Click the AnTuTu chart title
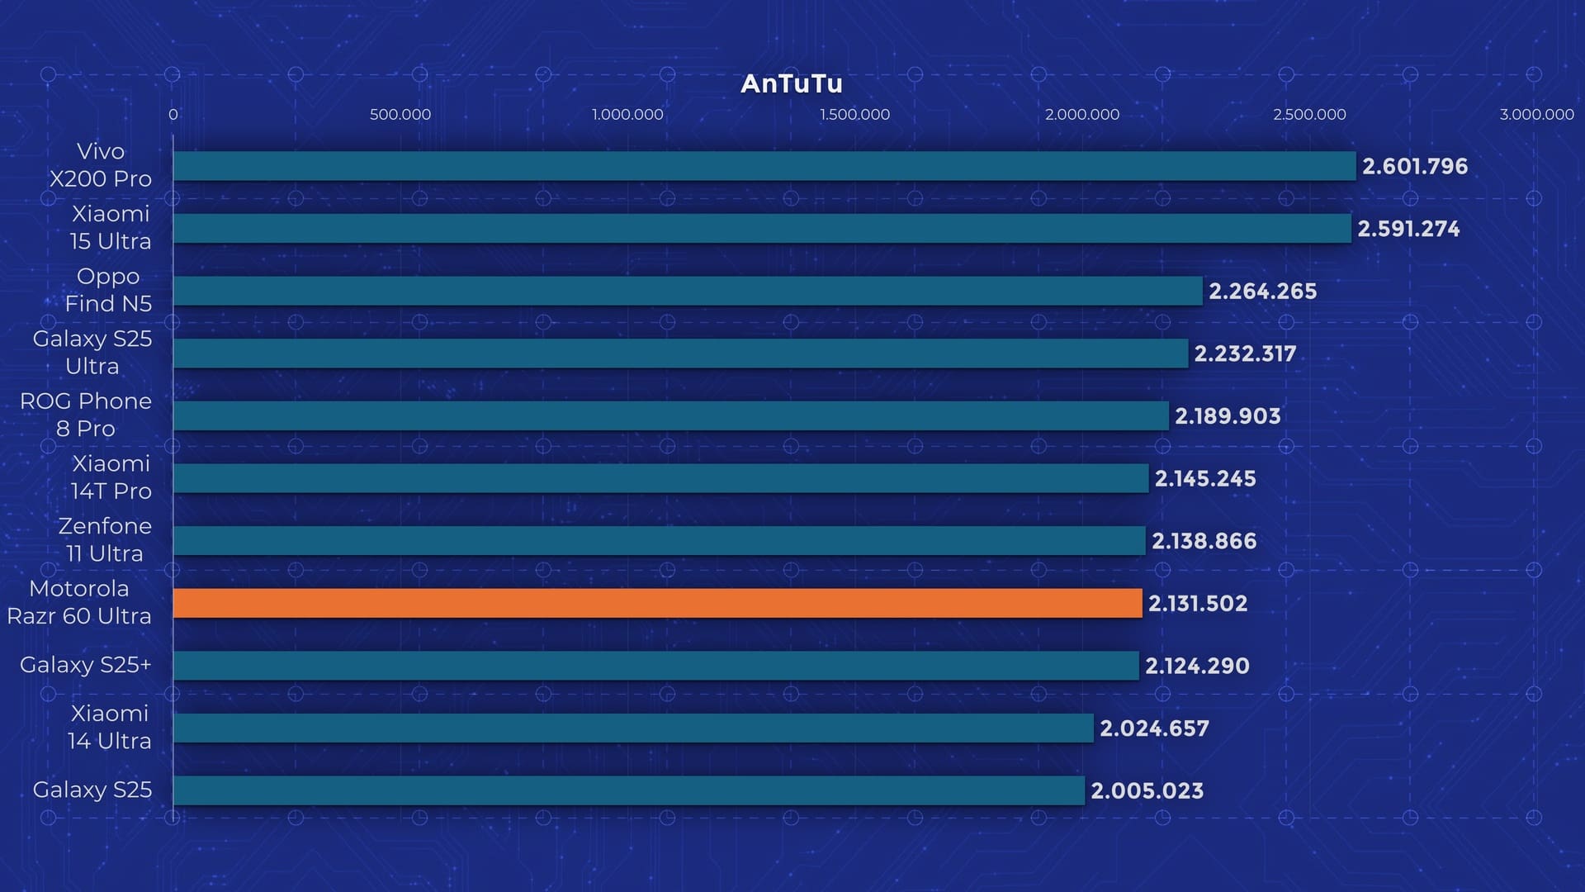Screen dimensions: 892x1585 pyautogui.click(x=791, y=83)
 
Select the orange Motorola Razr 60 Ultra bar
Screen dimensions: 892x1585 pyautogui.click(x=657, y=603)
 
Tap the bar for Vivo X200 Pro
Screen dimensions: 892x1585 pyautogui.click(x=764, y=166)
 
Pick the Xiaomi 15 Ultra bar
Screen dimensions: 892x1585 pyautogui.click(x=761, y=229)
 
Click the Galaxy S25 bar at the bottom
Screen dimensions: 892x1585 pyautogui.click(x=628, y=790)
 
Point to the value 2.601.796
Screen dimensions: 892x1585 pyautogui.click(x=1414, y=166)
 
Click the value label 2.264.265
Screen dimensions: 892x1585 pyautogui.click(x=1262, y=291)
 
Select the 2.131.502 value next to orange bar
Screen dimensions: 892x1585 pyautogui.click(x=1197, y=603)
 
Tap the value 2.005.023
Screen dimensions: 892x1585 pyautogui.click(x=1147, y=790)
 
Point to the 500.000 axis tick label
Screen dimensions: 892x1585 pyautogui.click(x=400, y=114)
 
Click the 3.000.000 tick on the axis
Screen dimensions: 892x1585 pyautogui.click(x=1536, y=114)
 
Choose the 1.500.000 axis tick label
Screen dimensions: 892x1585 pyautogui.click(x=854, y=114)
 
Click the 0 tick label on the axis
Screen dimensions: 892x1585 pyautogui.click(x=173, y=114)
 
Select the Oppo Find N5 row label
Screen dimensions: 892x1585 pyautogui.click(x=108, y=290)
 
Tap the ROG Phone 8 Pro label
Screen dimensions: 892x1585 pyautogui.click(x=86, y=415)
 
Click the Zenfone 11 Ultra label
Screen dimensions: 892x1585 pyautogui.click(x=105, y=539)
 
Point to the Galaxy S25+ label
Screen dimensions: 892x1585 pyautogui.click(x=86, y=665)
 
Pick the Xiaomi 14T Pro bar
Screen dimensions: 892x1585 pyautogui.click(x=660, y=478)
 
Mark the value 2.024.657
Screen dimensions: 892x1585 pyautogui.click(x=1154, y=728)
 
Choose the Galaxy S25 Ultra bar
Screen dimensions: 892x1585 pyautogui.click(x=680, y=353)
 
